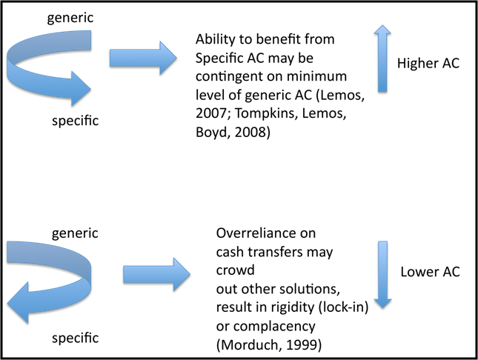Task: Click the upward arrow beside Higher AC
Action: point(382,59)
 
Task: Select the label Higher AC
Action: point(428,64)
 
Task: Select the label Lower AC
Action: point(430,272)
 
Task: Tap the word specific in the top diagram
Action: point(75,121)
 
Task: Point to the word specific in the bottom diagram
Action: point(75,339)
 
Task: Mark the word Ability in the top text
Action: point(215,40)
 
